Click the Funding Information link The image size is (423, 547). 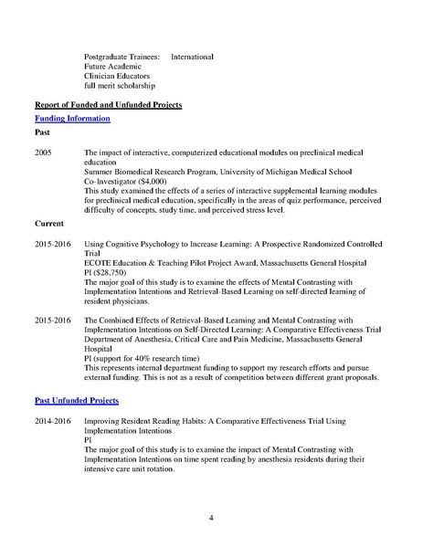tap(72, 119)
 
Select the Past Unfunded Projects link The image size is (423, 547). tap(78, 400)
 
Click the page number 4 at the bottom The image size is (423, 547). tap(211, 519)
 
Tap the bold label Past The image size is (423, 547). tap(43, 134)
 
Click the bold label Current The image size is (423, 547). tap(49, 223)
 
